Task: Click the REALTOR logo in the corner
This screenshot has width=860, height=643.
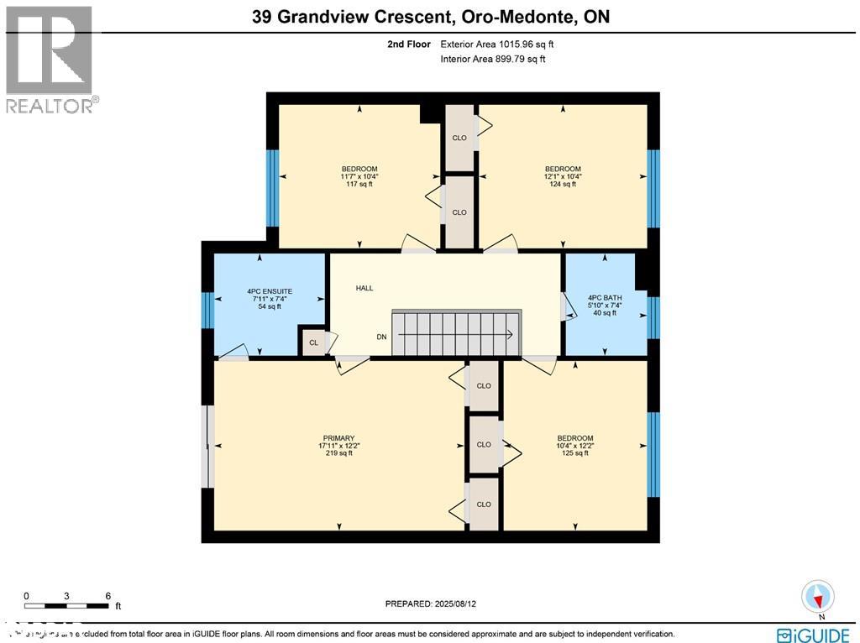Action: [50, 59]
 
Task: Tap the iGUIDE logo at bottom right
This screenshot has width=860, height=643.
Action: [812, 635]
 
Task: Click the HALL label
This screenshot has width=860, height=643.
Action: [364, 288]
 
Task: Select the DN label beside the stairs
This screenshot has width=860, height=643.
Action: [381, 337]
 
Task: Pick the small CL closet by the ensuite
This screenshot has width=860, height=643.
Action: [313, 342]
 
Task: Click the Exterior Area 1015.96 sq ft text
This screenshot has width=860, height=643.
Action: [495, 44]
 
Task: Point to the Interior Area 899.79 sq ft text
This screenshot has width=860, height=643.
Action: [492, 59]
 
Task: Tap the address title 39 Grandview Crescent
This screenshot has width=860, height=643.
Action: [430, 16]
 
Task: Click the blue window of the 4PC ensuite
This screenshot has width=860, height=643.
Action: [207, 310]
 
